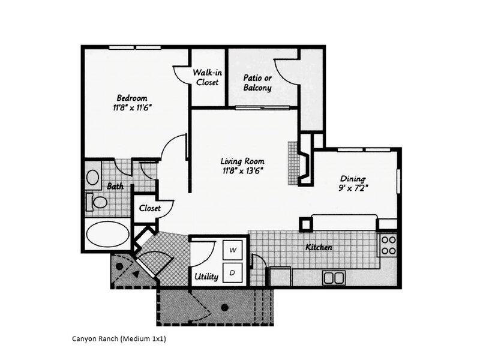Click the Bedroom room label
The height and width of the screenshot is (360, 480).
(x=132, y=98)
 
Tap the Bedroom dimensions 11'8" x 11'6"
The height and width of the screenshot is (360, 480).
(x=132, y=109)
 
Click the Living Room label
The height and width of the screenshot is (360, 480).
(x=242, y=161)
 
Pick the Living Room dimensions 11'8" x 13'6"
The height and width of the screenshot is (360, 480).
(x=242, y=172)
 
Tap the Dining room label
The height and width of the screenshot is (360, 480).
(x=353, y=178)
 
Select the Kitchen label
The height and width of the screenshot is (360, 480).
(x=319, y=247)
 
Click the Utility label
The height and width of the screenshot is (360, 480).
(x=206, y=277)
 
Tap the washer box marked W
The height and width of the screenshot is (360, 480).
(x=233, y=250)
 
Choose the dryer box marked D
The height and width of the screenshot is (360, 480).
(x=233, y=272)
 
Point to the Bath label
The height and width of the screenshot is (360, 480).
(x=115, y=187)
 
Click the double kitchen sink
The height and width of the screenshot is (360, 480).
(x=334, y=277)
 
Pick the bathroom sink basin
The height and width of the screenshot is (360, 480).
(x=93, y=177)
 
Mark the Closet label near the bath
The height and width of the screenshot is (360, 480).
(x=150, y=208)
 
